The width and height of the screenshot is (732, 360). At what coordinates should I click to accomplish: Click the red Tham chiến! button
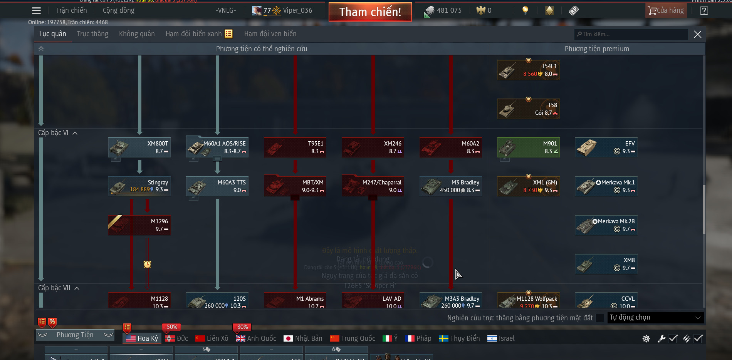point(370,12)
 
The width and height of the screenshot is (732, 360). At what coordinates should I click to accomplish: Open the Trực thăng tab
point(92,34)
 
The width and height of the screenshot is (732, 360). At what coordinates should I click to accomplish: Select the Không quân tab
point(137,34)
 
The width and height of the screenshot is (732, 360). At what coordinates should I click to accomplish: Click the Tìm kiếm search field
point(632,34)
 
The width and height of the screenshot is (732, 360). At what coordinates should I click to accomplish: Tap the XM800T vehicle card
point(139,147)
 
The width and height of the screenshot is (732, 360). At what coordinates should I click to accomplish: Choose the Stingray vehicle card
point(139,186)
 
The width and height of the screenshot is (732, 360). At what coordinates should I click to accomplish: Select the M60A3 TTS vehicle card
point(217,186)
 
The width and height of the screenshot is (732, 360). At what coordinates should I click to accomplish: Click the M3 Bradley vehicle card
point(451,186)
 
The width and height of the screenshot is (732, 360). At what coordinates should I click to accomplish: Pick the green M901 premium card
point(529,147)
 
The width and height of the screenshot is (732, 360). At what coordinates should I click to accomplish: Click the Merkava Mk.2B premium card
point(606,225)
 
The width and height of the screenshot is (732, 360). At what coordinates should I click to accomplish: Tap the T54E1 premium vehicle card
point(529,70)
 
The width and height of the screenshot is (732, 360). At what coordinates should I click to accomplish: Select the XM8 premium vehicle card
point(606,264)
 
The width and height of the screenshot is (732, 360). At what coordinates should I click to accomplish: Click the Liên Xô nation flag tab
point(212,338)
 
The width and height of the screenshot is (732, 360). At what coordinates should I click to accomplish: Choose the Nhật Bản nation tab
point(303,338)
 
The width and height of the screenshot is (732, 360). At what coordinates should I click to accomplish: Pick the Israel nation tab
point(501,338)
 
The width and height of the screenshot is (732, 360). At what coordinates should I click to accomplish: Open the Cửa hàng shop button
point(666,10)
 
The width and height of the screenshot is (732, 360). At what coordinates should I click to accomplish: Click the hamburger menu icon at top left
point(36,11)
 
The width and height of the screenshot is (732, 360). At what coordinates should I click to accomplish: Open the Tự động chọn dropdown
point(655,318)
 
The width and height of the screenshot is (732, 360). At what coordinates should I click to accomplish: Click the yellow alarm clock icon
point(147,264)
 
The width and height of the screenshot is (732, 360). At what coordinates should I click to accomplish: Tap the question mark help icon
point(704,11)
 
